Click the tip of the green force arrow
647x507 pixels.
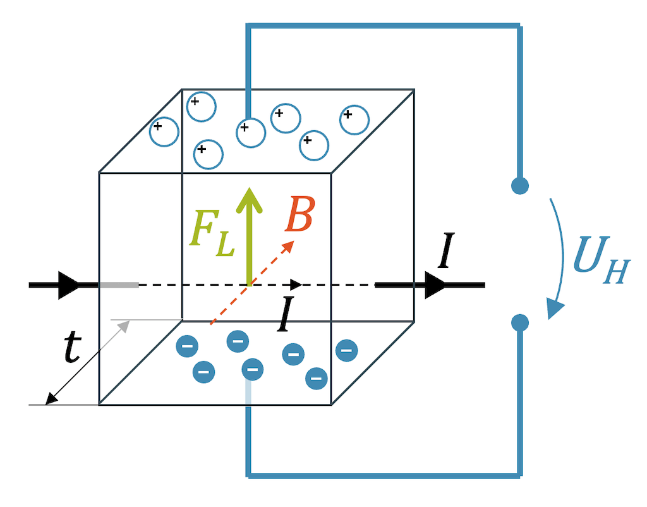(250, 192)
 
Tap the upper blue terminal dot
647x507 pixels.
(519, 186)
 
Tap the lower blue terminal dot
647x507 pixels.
(519, 322)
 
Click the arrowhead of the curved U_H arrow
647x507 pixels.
(554, 309)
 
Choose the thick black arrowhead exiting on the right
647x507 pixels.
(436, 285)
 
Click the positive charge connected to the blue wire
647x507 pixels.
(251, 133)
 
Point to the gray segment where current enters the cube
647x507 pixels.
(119, 285)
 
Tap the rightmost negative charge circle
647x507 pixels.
(347, 350)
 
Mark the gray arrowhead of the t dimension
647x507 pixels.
(124, 326)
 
